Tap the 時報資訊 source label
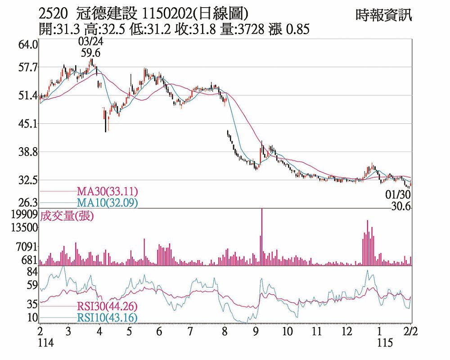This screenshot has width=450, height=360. coord(383,16)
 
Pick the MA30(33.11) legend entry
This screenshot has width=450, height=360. coord(107,191)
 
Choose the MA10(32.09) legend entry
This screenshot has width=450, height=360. coord(107,202)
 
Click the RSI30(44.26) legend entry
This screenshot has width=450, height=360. coord(107,306)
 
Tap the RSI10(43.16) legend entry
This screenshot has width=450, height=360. coord(107,318)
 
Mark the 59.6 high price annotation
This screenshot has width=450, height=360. coord(90,53)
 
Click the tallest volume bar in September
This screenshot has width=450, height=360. coord(261,237)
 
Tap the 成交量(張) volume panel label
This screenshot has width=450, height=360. coord(67,216)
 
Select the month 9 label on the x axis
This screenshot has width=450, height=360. coord(256,332)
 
